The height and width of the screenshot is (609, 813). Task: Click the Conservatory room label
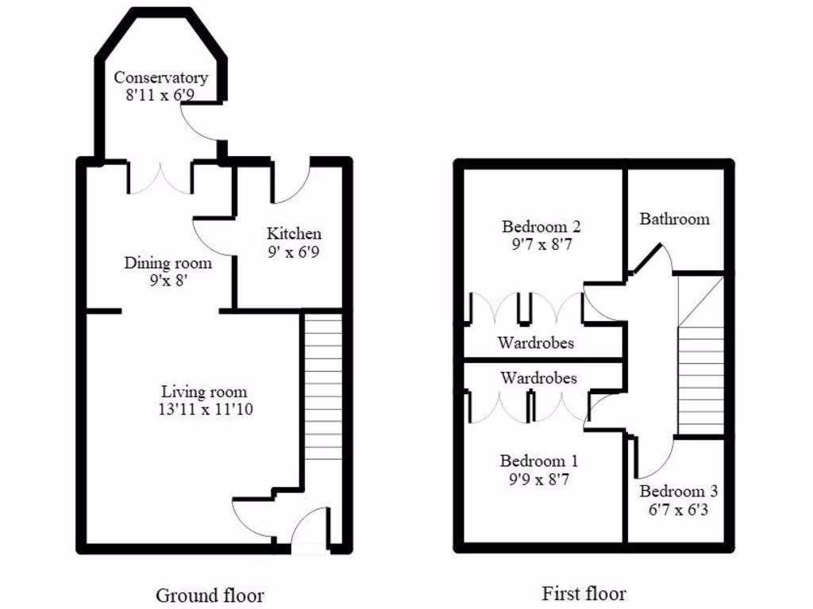[160, 78]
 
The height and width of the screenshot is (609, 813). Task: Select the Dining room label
[168, 263]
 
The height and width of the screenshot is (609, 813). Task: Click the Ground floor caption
[210, 595]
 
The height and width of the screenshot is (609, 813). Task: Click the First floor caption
[584, 593]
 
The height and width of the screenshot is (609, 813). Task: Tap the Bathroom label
[674, 219]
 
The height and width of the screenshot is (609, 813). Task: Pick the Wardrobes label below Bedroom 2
[536, 343]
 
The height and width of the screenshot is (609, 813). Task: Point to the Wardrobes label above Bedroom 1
[538, 378]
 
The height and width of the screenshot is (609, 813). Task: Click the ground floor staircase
[322, 389]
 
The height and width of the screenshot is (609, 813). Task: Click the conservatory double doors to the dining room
[160, 179]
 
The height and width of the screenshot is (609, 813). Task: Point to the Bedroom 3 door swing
[656, 455]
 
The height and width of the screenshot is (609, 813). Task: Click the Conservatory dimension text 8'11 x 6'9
[160, 94]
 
